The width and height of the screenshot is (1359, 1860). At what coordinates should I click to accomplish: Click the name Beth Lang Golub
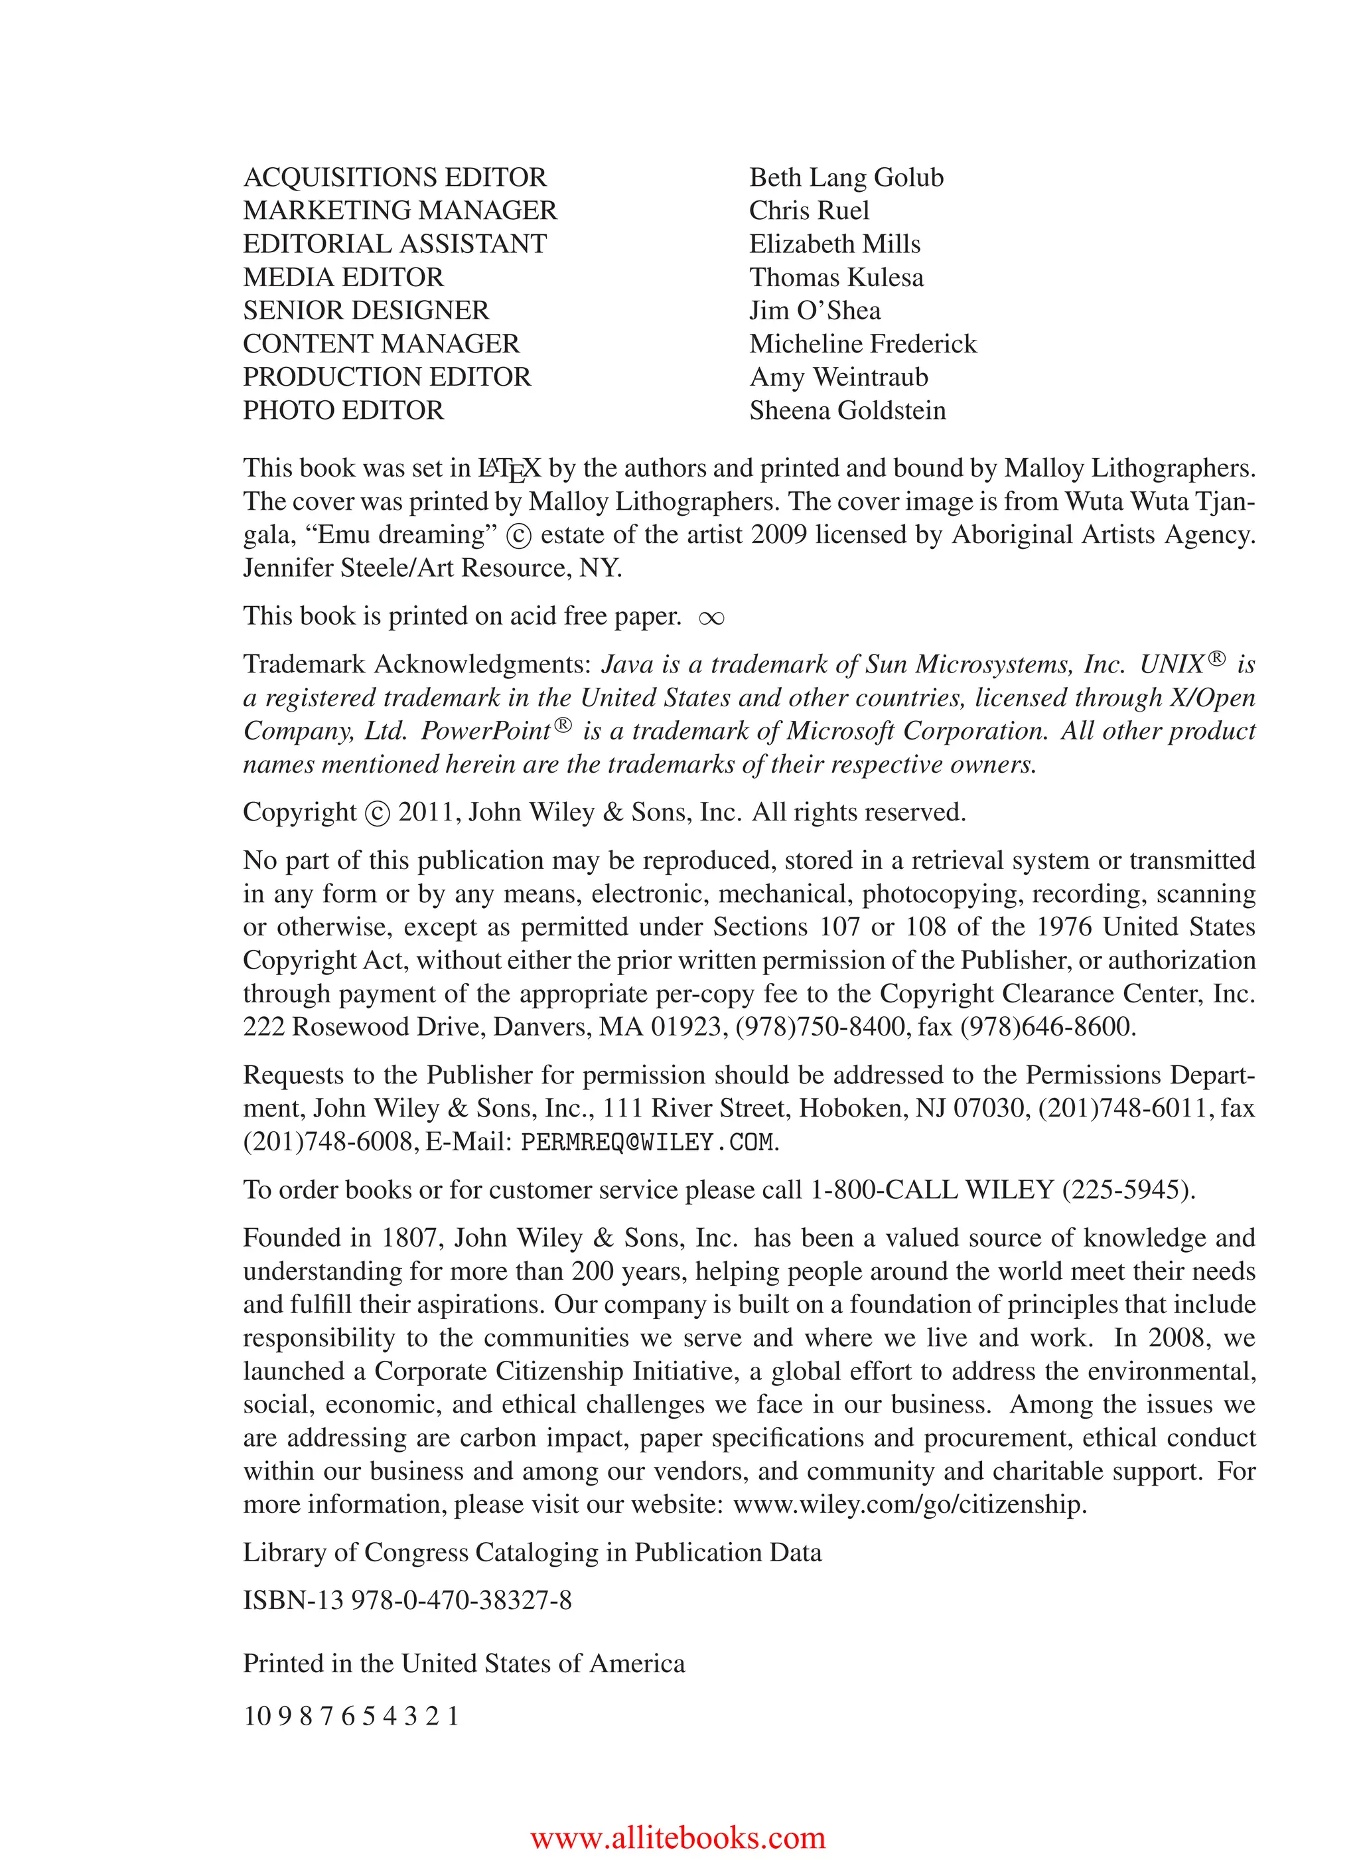pos(845,178)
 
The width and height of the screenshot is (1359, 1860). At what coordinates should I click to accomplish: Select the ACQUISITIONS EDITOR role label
pos(395,178)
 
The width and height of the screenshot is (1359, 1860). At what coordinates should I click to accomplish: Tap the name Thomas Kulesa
pos(836,277)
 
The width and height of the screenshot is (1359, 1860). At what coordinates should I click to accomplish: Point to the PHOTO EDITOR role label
pos(343,411)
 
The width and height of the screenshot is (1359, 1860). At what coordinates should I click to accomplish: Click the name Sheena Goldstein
pos(847,411)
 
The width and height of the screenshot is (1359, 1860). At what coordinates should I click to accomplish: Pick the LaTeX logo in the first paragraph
pos(509,469)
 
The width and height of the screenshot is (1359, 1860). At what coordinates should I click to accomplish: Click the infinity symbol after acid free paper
pos(711,619)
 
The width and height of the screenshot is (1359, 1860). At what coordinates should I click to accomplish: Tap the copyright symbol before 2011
pos(377,814)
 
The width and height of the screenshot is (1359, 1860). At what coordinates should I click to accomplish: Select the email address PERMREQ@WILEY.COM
pos(648,1142)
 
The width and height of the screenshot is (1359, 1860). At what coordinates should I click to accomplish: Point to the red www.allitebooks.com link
pos(678,1836)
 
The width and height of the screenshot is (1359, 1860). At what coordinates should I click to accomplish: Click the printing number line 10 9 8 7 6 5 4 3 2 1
pos(351,1716)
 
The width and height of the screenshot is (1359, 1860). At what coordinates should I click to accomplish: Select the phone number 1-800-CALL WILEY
pos(932,1190)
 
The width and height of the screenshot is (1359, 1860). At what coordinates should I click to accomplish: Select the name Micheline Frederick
pos(862,344)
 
